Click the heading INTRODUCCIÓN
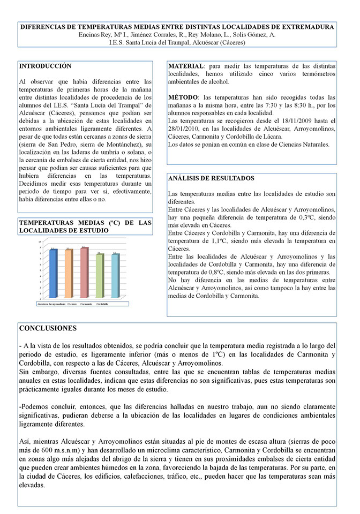coord(45,66)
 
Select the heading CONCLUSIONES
coord(48,328)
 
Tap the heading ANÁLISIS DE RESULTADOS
coord(211,178)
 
